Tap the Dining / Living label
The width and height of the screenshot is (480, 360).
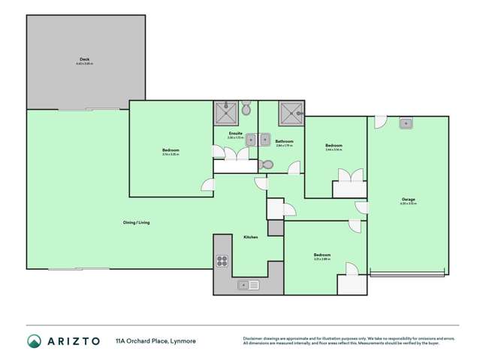point(137,222)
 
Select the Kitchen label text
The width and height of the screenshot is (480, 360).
point(250,237)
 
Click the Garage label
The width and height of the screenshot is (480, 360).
point(408,199)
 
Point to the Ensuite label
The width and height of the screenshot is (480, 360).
point(235,133)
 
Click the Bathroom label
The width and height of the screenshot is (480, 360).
point(283,141)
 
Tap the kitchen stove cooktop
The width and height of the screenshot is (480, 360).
point(222,261)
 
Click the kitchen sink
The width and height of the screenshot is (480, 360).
point(248,285)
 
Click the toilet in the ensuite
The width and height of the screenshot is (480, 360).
point(246,110)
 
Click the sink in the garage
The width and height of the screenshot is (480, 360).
point(406,123)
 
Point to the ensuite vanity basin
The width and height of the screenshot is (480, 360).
point(251,140)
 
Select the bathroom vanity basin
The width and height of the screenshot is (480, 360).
point(264,140)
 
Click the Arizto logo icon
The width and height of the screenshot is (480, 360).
point(34,341)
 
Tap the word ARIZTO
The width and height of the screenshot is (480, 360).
point(73,341)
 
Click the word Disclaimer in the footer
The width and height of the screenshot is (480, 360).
point(252,338)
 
